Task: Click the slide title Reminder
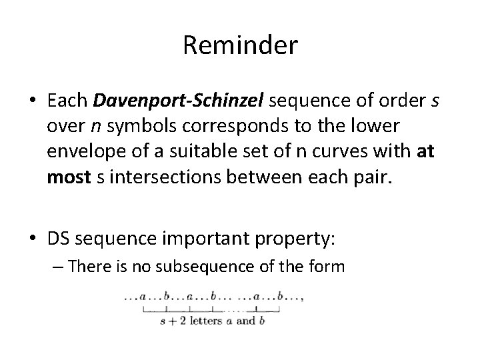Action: pyautogui.click(x=240, y=47)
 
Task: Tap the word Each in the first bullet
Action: pyautogui.click(x=69, y=101)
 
